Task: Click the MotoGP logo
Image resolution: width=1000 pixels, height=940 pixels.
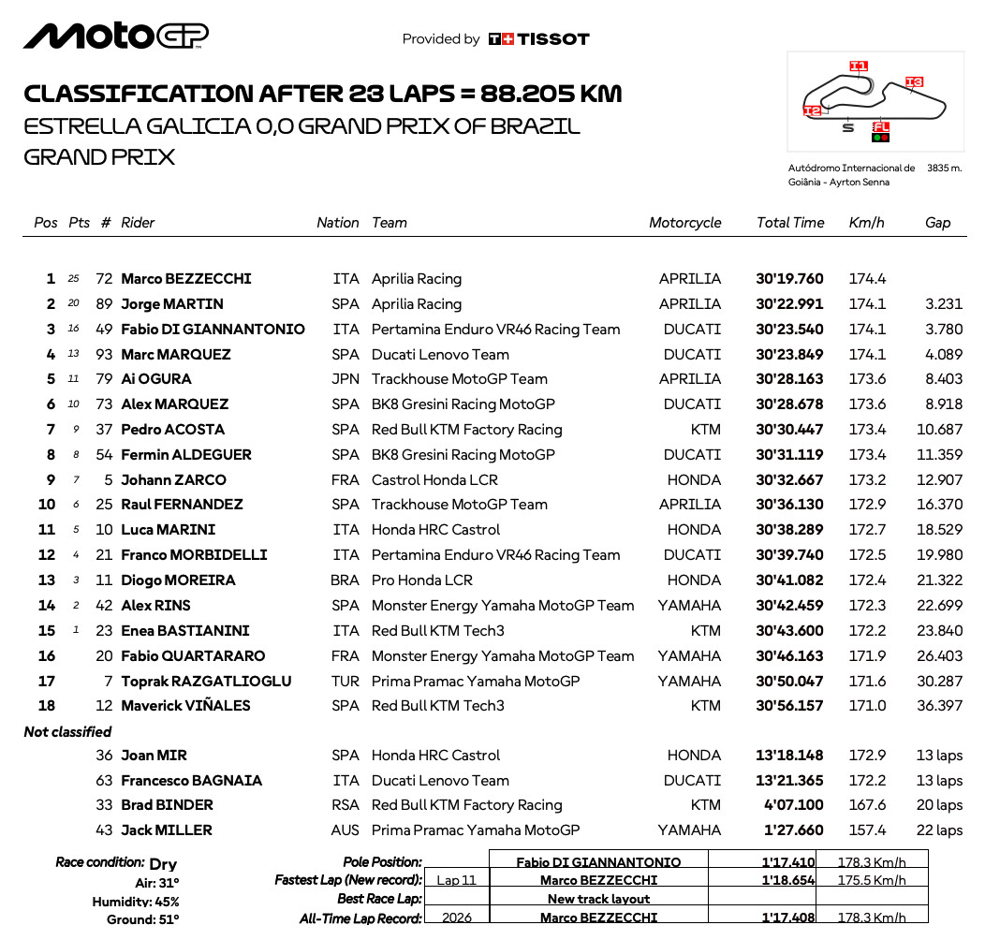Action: coord(116,36)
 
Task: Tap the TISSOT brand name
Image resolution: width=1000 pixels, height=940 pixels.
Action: coord(553,39)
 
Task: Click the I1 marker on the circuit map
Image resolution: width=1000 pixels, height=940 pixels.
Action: coord(858,66)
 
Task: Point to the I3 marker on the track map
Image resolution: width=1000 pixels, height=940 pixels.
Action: coord(914,82)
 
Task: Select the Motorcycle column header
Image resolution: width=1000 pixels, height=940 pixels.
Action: coord(684,223)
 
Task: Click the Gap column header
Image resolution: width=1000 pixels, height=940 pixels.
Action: coord(937,223)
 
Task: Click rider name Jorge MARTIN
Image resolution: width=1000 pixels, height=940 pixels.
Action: coord(172,304)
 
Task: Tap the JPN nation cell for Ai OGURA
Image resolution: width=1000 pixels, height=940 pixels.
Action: coord(346,379)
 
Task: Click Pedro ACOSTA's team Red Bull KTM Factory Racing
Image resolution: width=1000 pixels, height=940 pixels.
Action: coord(466,430)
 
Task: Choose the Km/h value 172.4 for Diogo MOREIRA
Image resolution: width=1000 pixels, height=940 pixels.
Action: coord(867,580)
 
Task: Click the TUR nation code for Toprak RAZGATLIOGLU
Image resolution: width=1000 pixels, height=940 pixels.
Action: coord(346,682)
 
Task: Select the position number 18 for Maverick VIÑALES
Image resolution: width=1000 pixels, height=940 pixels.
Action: coord(47,706)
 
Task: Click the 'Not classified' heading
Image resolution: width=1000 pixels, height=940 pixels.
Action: coord(67,732)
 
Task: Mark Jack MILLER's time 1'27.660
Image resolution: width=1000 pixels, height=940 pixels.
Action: coord(791,830)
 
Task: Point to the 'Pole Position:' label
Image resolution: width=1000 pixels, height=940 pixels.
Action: coord(382,861)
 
